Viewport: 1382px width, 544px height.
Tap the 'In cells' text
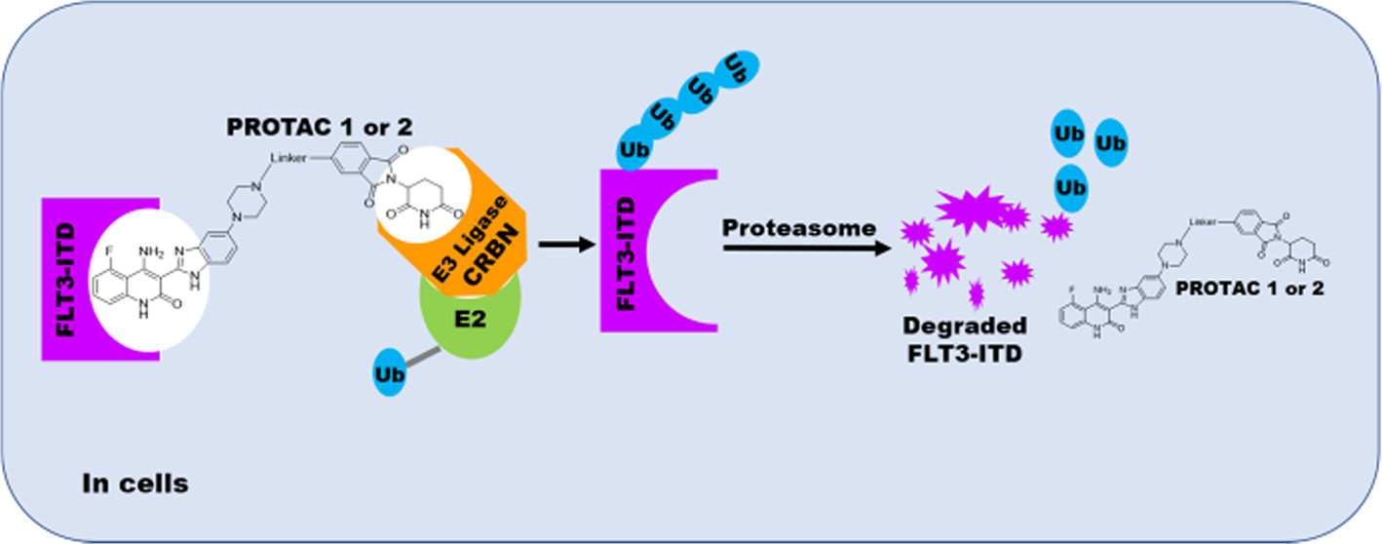click(135, 482)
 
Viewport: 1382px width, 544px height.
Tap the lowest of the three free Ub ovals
click(1071, 185)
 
